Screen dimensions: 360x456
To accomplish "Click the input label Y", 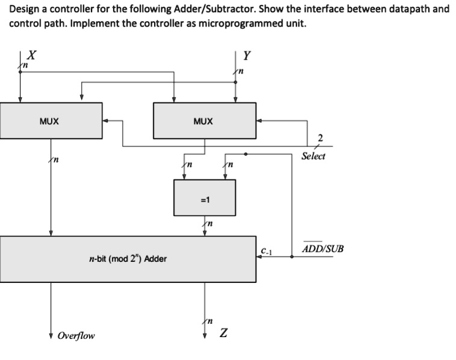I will click(x=247, y=56).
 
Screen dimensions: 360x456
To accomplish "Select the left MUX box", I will click(x=51, y=120).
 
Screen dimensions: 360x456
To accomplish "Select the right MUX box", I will click(x=205, y=120).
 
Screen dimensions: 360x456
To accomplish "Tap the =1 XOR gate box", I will click(x=205, y=197).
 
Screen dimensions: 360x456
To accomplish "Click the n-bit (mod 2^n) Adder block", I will click(x=128, y=259).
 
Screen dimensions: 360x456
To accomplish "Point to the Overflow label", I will click(x=76, y=335).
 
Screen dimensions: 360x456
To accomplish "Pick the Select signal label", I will click(x=313, y=156).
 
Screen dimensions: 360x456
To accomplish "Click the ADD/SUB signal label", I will click(x=323, y=247).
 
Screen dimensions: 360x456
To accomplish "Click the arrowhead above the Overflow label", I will click(x=51, y=335).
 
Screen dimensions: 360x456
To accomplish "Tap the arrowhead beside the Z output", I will click(x=205, y=335).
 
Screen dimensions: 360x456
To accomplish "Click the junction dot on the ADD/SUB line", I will click(x=292, y=257).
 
